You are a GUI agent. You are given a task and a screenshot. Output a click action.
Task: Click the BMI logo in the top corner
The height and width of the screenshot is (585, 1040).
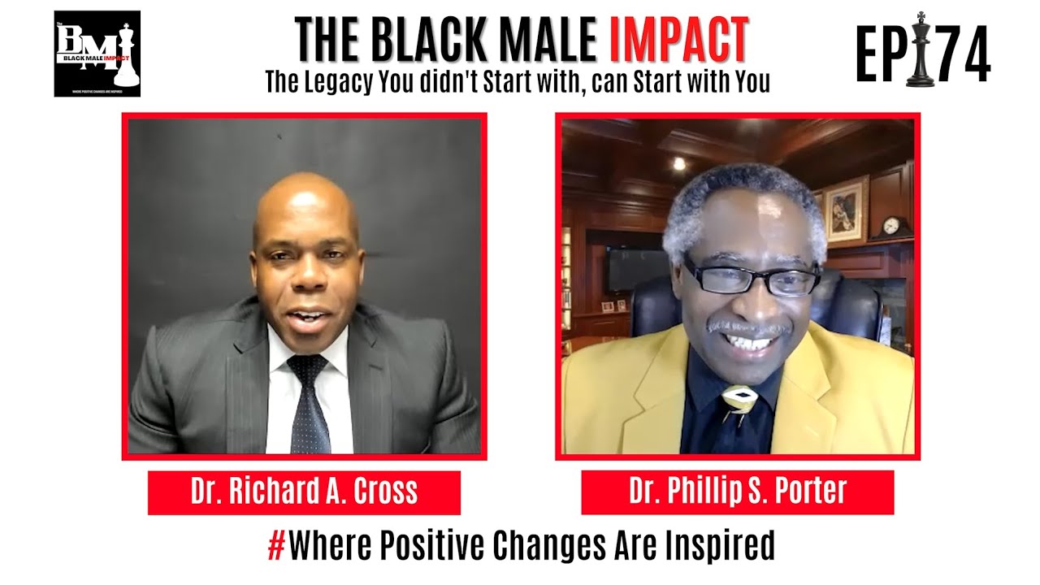point(97,54)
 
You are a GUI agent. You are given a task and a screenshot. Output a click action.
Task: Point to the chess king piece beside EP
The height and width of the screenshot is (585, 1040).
point(920,50)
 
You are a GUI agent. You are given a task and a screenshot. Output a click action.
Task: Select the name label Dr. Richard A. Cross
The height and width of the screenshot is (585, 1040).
point(304,492)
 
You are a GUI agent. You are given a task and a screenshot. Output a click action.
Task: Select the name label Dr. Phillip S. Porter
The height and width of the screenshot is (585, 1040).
point(737,492)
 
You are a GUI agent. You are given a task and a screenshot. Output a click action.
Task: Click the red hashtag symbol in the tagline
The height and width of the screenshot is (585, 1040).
point(276,546)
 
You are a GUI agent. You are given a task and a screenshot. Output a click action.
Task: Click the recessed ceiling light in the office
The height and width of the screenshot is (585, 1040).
point(678,163)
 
